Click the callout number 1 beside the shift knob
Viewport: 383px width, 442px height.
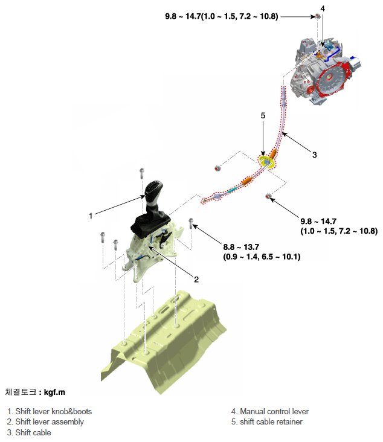(90, 214)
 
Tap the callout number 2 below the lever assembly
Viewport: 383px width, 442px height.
(196, 279)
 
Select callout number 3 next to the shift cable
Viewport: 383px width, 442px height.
(314, 155)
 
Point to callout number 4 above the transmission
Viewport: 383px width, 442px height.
(323, 8)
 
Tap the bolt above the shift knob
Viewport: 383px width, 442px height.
(142, 172)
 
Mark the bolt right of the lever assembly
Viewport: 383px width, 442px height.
(191, 223)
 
